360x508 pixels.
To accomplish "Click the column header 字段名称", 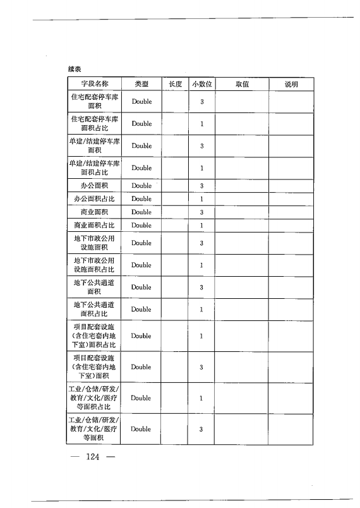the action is pos(94,84).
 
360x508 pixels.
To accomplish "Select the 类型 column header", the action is pos(141,84).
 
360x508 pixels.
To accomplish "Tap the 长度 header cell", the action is pos(175,84).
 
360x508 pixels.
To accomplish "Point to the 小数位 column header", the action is pos(201,84).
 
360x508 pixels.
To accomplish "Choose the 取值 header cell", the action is pos(242,84).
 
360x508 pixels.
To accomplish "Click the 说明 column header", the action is pos(291,84).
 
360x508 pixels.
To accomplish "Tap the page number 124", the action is pos(93,457).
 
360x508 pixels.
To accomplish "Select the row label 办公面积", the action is pos(94,186).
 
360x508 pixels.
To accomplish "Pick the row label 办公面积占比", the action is pos(94,199).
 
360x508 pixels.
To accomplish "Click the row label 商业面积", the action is pos(94,212).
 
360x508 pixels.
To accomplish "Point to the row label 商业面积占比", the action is pos(94,226).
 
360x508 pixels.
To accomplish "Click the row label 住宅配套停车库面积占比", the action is pos(94,124).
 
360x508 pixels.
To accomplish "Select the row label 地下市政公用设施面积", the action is pos(94,243).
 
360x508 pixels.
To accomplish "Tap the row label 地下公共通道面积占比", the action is pos(94,310).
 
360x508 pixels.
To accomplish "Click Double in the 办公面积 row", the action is pos(141,186).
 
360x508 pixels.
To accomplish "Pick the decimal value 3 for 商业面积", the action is pos(201,212).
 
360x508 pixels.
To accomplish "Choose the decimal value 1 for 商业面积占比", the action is pos(201,226).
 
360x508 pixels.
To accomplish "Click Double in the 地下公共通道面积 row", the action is pos(141,287).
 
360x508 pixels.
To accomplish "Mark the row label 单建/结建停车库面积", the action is pos(94,146).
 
